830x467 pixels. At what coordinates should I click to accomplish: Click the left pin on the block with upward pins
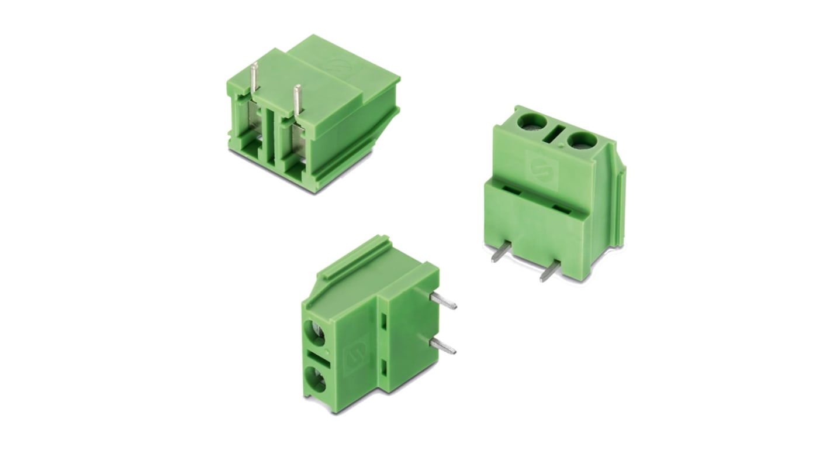[x=254, y=78]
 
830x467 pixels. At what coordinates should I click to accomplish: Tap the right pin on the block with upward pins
[x=298, y=100]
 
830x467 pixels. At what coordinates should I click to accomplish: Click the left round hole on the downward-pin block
[x=532, y=122]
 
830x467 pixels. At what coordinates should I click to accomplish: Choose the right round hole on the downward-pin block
[x=581, y=140]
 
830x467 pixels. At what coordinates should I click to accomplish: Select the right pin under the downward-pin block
[x=550, y=271]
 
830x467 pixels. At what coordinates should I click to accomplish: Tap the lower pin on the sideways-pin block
[x=443, y=346]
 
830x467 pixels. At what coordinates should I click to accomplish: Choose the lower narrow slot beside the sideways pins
[x=384, y=368]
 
